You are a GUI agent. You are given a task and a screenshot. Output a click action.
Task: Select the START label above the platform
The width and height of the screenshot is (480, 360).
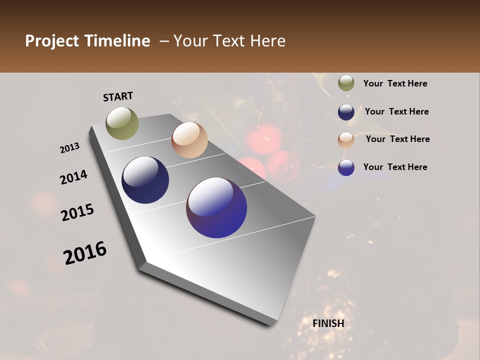[x=118, y=96]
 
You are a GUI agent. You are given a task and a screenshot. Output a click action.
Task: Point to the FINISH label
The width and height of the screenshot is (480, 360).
[x=328, y=323]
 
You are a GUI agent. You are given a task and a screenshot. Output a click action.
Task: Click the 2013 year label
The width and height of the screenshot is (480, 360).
[x=70, y=148]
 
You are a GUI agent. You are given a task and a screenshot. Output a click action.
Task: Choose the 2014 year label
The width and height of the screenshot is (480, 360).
[x=74, y=177]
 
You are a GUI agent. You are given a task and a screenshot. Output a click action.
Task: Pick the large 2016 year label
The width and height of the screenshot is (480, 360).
[x=85, y=253]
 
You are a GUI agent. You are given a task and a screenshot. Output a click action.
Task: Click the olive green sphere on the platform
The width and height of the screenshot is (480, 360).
[x=122, y=123]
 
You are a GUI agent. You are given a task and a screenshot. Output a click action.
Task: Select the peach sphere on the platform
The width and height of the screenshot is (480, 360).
[x=189, y=140]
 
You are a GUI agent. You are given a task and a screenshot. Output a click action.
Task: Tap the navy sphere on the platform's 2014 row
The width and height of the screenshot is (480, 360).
[x=145, y=180]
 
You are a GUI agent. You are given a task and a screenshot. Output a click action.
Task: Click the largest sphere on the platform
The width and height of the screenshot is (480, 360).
[x=216, y=207]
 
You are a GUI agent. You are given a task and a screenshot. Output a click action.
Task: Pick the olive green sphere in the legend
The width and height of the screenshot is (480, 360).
[x=346, y=83]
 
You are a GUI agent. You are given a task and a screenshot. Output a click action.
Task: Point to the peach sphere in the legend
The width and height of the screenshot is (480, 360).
[x=346, y=140]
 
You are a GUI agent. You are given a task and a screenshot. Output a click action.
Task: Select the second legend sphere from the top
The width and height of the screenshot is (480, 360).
[x=346, y=112]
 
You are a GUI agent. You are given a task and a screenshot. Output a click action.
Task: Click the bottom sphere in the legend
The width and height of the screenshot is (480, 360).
[x=346, y=167]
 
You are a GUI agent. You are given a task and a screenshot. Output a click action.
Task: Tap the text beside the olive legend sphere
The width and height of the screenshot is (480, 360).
[x=395, y=83]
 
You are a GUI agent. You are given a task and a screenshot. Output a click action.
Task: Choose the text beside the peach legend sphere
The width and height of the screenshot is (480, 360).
[x=397, y=139]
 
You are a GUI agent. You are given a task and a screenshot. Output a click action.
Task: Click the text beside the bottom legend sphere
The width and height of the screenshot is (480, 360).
[x=395, y=167]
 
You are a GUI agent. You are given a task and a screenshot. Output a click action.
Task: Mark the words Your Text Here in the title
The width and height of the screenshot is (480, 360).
[x=229, y=41]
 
